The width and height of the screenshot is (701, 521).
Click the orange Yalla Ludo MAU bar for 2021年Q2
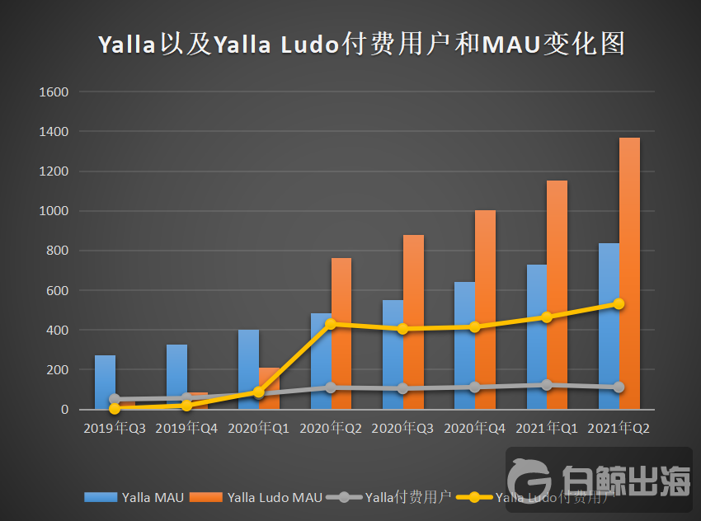629,272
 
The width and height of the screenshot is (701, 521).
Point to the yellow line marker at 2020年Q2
331,324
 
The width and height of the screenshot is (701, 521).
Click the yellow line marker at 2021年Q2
619,303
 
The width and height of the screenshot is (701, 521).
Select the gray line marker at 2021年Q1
546,385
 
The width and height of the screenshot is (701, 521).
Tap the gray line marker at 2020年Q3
402,388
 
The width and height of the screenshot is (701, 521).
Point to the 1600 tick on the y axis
54,92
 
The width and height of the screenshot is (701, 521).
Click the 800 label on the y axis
59,251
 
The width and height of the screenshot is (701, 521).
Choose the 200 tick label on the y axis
59,370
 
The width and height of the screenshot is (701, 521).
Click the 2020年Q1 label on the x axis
259,429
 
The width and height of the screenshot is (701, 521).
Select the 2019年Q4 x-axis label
186,429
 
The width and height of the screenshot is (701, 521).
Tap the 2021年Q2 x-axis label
619,429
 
